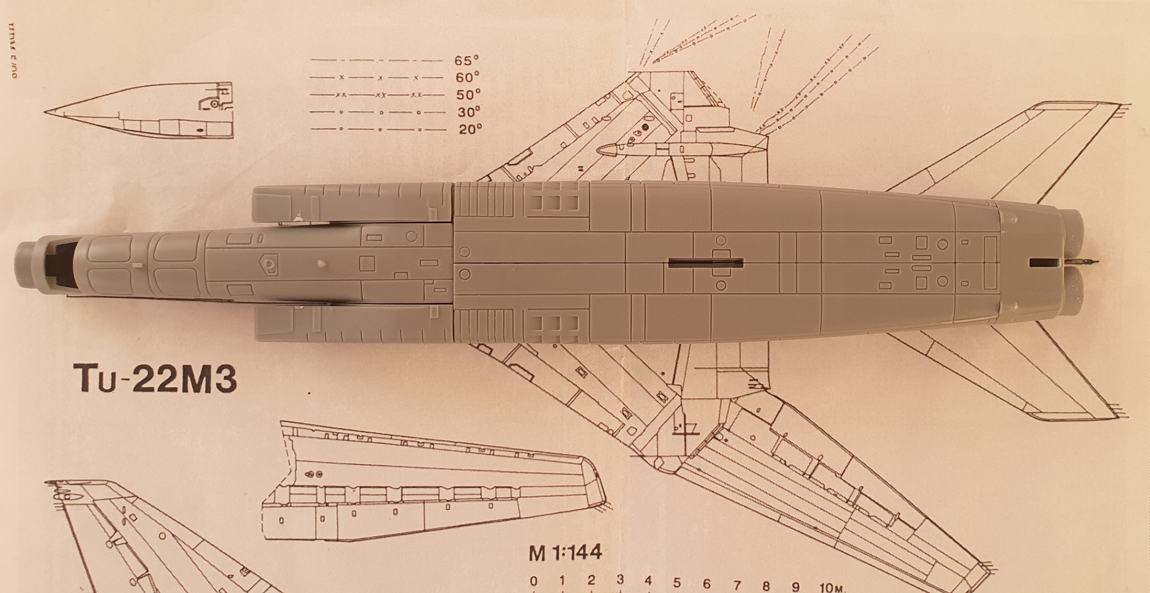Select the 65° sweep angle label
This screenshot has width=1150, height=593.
tap(466, 60)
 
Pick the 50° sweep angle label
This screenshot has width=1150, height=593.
tap(468, 95)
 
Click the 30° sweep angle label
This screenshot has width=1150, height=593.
tap(469, 112)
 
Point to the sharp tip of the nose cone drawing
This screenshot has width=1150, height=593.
tap(45, 112)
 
